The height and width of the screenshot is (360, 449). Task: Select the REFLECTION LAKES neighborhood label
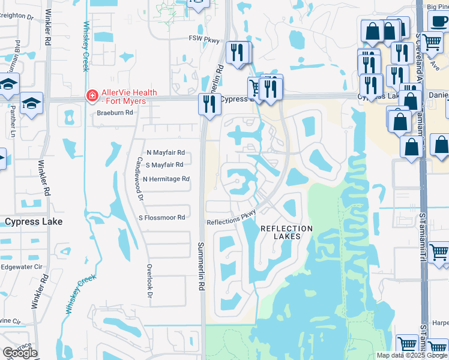286,232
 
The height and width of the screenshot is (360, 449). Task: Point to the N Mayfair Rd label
165,152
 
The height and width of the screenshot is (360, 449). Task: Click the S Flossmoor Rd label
161,218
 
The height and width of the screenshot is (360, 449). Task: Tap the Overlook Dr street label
149,283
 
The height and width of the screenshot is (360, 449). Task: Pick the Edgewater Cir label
21,266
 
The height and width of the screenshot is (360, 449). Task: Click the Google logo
20,353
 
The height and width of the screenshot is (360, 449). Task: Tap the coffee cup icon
438,21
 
